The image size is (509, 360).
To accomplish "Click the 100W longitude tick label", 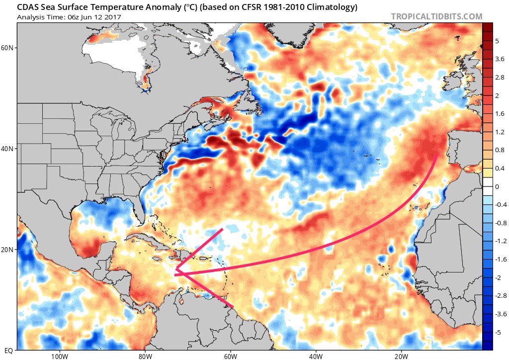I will [59, 356].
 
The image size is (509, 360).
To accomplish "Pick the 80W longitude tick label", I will [145, 356].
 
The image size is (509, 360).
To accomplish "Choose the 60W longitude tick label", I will [230, 356].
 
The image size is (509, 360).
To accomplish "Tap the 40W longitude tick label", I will [316, 356].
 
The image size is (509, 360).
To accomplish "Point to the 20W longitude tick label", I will [401, 356].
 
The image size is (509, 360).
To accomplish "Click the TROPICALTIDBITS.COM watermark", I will [436, 16].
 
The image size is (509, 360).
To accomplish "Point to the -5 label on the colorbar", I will [499, 332].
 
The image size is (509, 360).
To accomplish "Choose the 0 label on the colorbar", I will [497, 186].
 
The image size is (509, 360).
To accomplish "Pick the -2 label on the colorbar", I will [499, 277].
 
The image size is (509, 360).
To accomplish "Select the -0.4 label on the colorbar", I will [501, 204].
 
